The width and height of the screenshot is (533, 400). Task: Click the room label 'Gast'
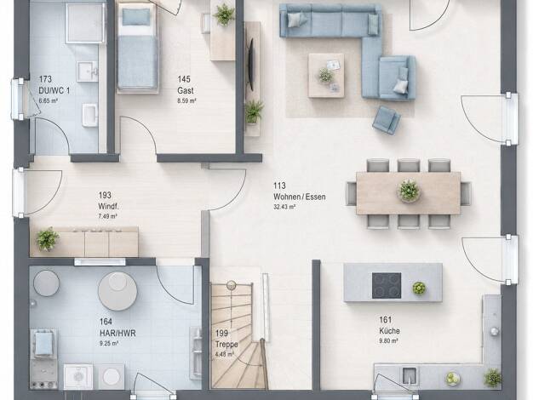pyautogui.click(x=186, y=91)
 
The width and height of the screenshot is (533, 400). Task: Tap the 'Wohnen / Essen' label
pyautogui.click(x=300, y=197)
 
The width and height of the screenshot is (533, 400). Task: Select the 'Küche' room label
pyautogui.click(x=389, y=331)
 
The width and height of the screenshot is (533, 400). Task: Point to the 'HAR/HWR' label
pyautogui.click(x=117, y=333)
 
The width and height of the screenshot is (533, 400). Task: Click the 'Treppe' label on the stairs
pyautogui.click(x=226, y=345)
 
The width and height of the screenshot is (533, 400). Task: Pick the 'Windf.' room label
pyautogui.click(x=108, y=206)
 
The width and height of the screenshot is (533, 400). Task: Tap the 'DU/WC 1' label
pyautogui.click(x=54, y=90)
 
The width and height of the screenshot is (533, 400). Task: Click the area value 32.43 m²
pyautogui.click(x=284, y=207)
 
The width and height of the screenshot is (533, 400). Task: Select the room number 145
pyautogui.click(x=184, y=79)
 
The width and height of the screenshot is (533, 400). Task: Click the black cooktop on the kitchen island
pyautogui.click(x=387, y=286)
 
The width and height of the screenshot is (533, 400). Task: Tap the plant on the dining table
pyautogui.click(x=409, y=191)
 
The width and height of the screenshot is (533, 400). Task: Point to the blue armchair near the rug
pyautogui.click(x=387, y=120)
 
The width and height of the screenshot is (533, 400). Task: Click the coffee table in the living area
pyautogui.click(x=326, y=76)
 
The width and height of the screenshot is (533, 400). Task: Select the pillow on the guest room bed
pyautogui.click(x=136, y=17)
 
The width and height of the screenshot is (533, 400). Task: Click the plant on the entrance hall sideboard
pyautogui.click(x=47, y=239)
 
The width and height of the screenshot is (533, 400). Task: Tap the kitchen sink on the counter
pyautogui.click(x=408, y=374)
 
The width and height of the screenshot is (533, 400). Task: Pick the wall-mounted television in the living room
pyautogui.click(x=251, y=64)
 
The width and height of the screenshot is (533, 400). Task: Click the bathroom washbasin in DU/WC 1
pyautogui.click(x=88, y=71)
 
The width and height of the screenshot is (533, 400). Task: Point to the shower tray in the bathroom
pyautogui.click(x=85, y=22)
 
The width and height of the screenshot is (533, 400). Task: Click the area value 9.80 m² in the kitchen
pyautogui.click(x=388, y=340)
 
